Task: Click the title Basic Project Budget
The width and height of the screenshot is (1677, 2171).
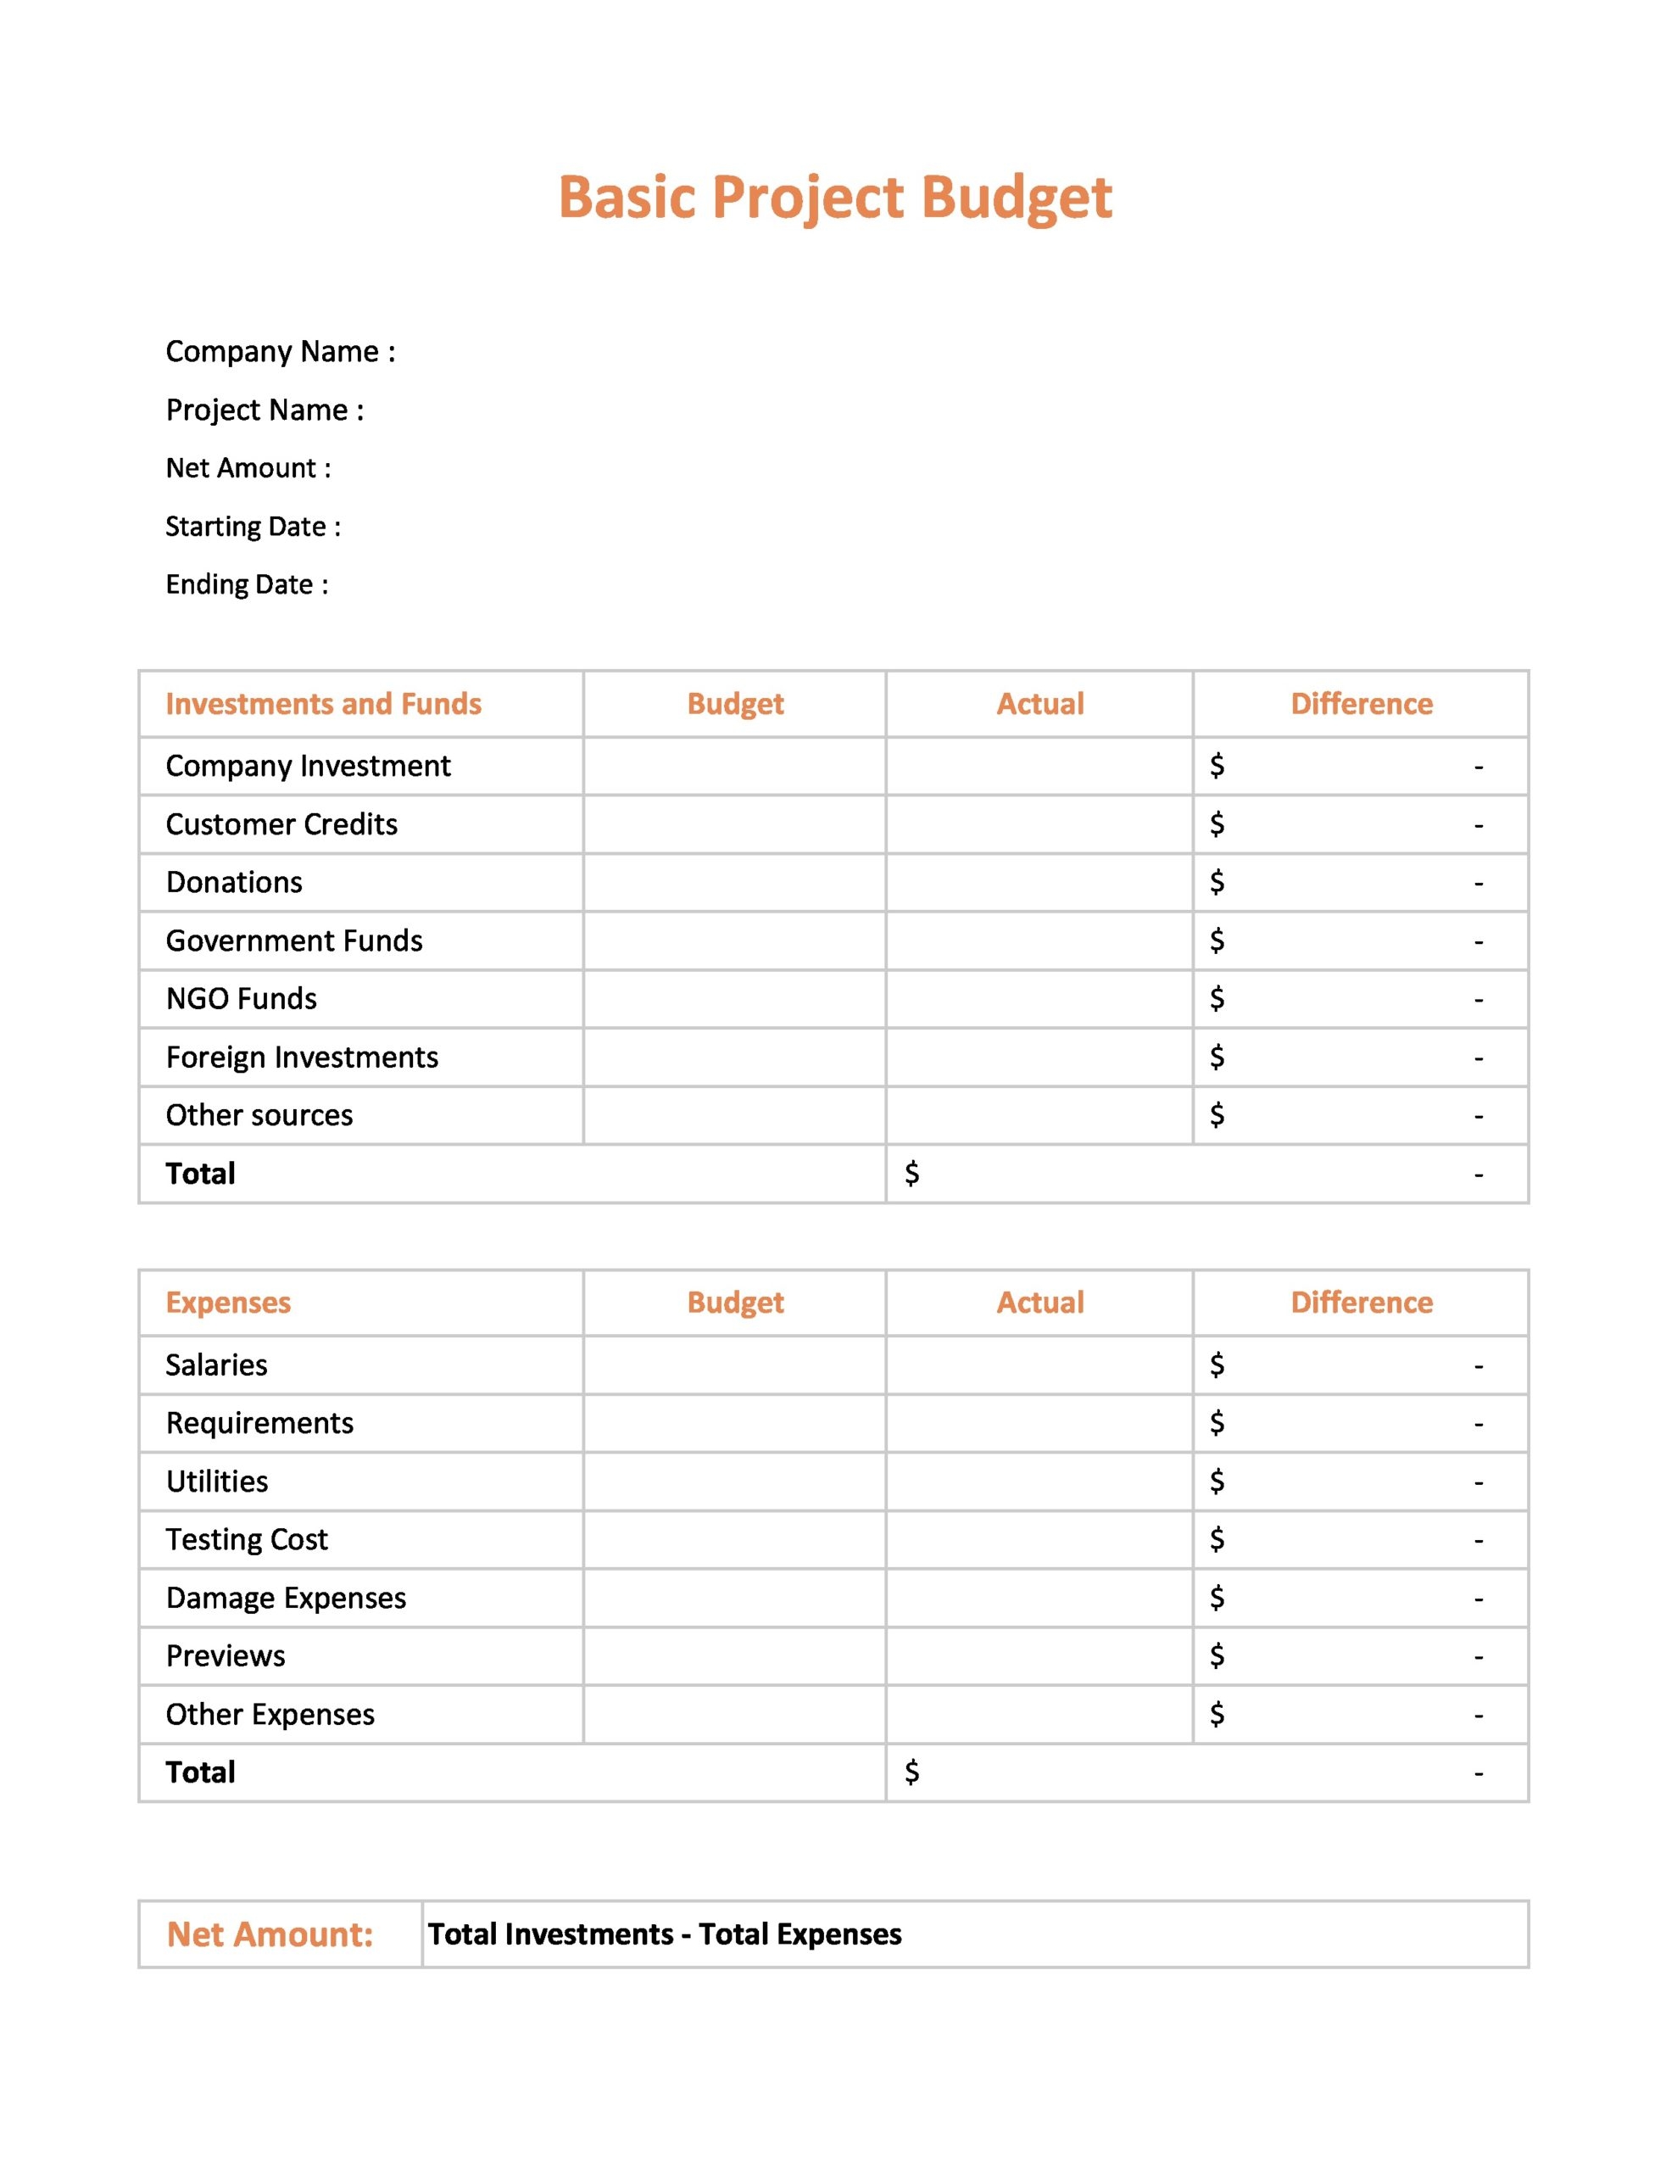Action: (x=834, y=197)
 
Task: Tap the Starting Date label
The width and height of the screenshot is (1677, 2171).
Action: (x=253, y=527)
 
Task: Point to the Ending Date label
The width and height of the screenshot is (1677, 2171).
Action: (x=247, y=584)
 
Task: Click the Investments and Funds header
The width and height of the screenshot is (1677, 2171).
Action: (x=323, y=704)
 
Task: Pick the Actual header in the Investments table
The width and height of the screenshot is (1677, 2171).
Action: (x=1039, y=704)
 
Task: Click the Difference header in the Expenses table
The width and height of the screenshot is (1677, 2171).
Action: (x=1361, y=1303)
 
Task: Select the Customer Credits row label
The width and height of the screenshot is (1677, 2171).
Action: (x=281, y=824)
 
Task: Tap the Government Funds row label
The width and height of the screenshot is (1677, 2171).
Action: (x=294, y=940)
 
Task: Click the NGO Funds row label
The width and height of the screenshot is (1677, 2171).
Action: (x=242, y=998)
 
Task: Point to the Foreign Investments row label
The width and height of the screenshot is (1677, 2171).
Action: (x=302, y=1057)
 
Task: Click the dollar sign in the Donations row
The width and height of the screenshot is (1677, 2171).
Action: (x=1217, y=882)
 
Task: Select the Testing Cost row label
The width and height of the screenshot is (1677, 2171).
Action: (x=247, y=1539)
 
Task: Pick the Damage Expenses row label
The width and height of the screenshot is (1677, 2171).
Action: (x=287, y=1598)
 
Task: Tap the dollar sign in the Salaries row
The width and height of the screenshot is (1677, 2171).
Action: (x=1217, y=1365)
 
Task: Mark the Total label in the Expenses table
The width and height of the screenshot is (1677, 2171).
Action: (x=201, y=1772)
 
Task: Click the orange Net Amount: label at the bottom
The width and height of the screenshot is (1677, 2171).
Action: (x=270, y=1934)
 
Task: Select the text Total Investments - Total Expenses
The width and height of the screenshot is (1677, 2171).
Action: (x=665, y=1934)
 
